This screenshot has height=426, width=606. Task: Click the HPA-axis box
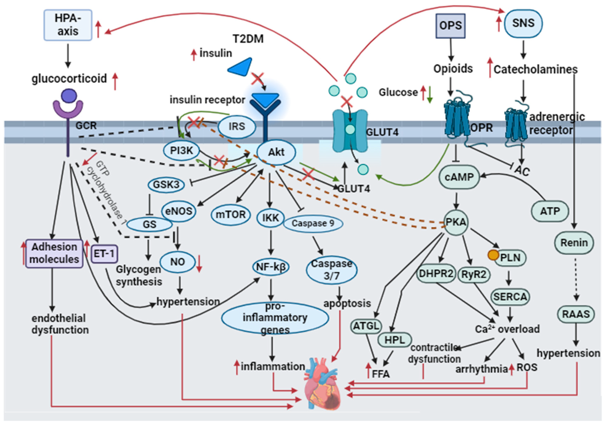pyautogui.click(x=68, y=25)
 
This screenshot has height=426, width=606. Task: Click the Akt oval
pyautogui.click(x=276, y=152)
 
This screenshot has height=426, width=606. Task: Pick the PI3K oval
pyautogui.click(x=182, y=151)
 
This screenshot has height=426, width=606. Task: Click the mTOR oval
pyautogui.click(x=231, y=214)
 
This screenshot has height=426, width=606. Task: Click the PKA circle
pyautogui.click(x=456, y=222)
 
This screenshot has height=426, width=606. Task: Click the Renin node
pyautogui.click(x=574, y=243)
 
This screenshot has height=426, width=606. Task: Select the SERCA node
pyautogui.click(x=510, y=297)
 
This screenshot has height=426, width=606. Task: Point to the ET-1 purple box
pyautogui.click(x=104, y=254)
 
